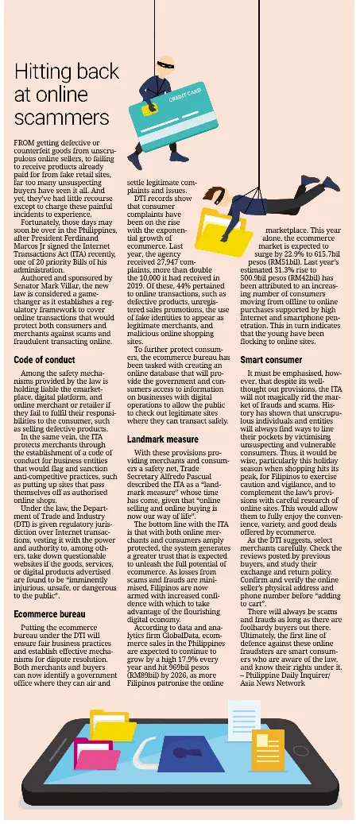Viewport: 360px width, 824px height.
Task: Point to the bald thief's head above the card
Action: coord(163,64)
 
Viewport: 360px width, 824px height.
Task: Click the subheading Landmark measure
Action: coord(162,439)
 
